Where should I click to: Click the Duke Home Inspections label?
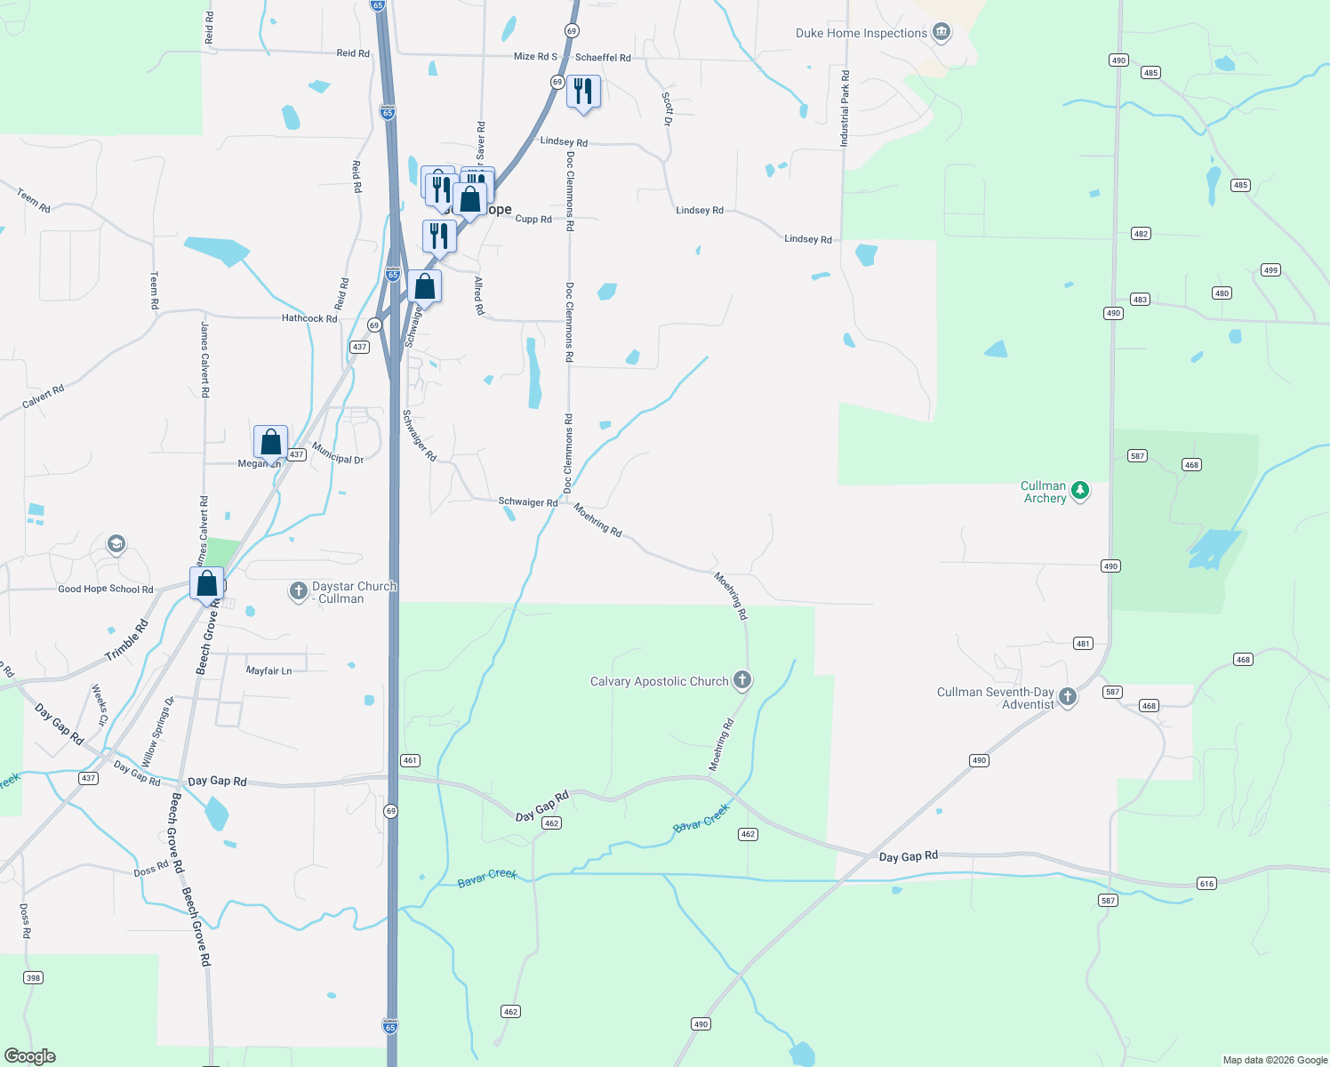tap(861, 34)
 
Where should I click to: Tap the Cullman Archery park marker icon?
tap(1080, 490)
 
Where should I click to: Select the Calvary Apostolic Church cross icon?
tap(742, 680)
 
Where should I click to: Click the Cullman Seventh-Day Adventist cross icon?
tap(1068, 697)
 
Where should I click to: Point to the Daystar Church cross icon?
tap(299, 590)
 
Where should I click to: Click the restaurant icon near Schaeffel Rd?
tap(583, 91)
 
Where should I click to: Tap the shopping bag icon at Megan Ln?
tap(271, 442)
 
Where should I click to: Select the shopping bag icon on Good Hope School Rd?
tap(206, 584)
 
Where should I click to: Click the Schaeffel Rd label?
tap(603, 58)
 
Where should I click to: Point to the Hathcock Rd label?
tap(309, 318)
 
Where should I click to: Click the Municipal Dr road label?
tap(338, 453)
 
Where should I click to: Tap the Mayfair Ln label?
tap(268, 671)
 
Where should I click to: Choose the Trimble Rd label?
tap(127, 640)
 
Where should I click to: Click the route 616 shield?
tap(1206, 883)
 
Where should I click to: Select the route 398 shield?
tap(33, 978)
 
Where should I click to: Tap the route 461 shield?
tap(410, 760)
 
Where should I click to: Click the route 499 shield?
tap(1270, 270)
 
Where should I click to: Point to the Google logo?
tap(29, 1056)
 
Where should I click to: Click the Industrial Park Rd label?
tap(845, 108)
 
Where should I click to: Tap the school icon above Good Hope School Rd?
tap(116, 544)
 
